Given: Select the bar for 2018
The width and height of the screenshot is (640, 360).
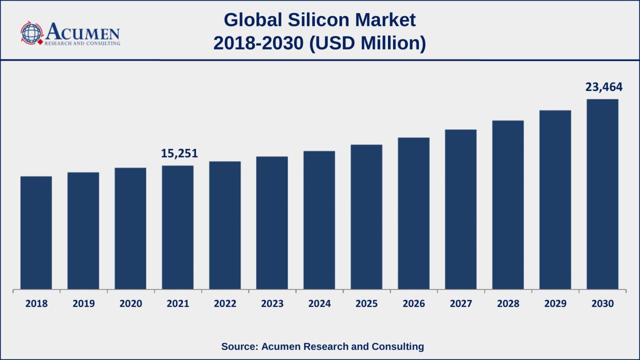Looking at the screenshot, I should click(36, 232).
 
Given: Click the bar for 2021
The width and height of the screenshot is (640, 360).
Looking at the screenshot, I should click(177, 227).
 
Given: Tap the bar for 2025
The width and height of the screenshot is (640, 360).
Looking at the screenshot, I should click(366, 217).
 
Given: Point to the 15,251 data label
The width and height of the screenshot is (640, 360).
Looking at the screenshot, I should click(179, 153).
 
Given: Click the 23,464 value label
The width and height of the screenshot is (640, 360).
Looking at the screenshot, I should click(604, 87).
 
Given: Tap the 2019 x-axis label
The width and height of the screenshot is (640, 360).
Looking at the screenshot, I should click(83, 303).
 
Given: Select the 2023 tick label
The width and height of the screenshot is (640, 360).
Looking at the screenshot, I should click(272, 303).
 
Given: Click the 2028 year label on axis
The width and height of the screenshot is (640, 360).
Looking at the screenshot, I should click(508, 303).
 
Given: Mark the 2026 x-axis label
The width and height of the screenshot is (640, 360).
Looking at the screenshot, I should click(413, 303).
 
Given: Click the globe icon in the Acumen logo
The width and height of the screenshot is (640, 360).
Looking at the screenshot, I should click(32, 33).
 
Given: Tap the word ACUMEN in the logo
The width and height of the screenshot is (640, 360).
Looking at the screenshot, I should click(83, 32).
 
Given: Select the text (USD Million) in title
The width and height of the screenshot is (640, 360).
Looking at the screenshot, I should click(367, 43).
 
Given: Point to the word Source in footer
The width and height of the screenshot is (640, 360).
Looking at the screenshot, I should click(239, 346).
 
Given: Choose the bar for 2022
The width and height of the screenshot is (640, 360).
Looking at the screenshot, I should click(225, 225).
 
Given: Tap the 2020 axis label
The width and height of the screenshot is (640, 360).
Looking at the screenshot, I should click(130, 303).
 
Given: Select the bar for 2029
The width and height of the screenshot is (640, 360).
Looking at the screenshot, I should click(555, 200).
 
